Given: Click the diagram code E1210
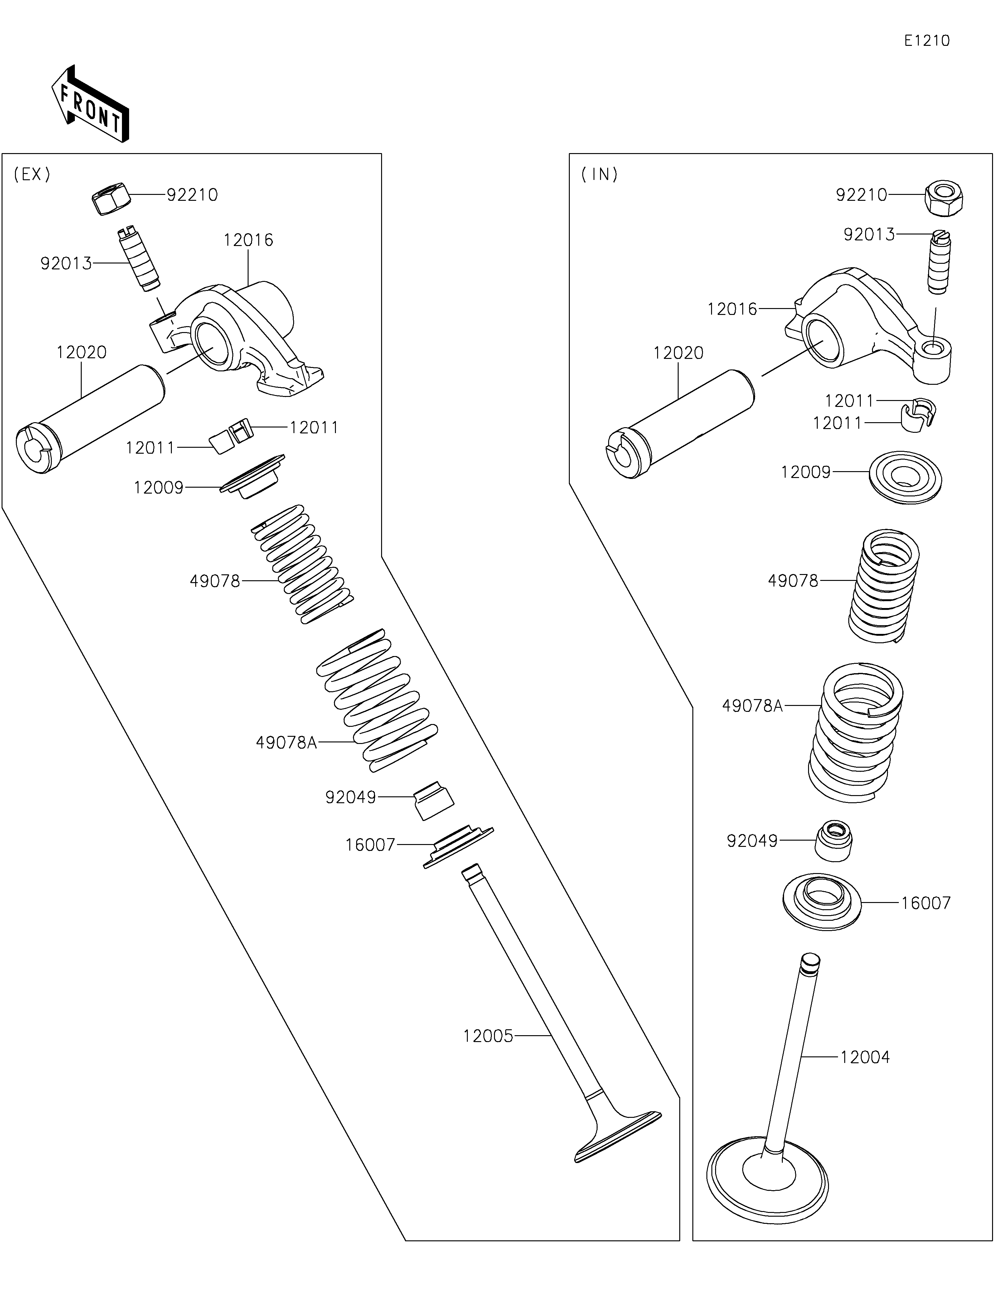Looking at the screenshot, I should click(927, 41).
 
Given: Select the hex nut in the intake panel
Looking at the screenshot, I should click(942, 199).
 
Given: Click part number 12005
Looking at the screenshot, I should click(488, 1036).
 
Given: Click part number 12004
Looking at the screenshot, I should click(865, 1057).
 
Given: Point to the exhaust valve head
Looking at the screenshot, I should click(617, 1136).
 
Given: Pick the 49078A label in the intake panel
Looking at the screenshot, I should click(752, 706).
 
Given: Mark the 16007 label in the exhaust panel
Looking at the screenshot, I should click(370, 845).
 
